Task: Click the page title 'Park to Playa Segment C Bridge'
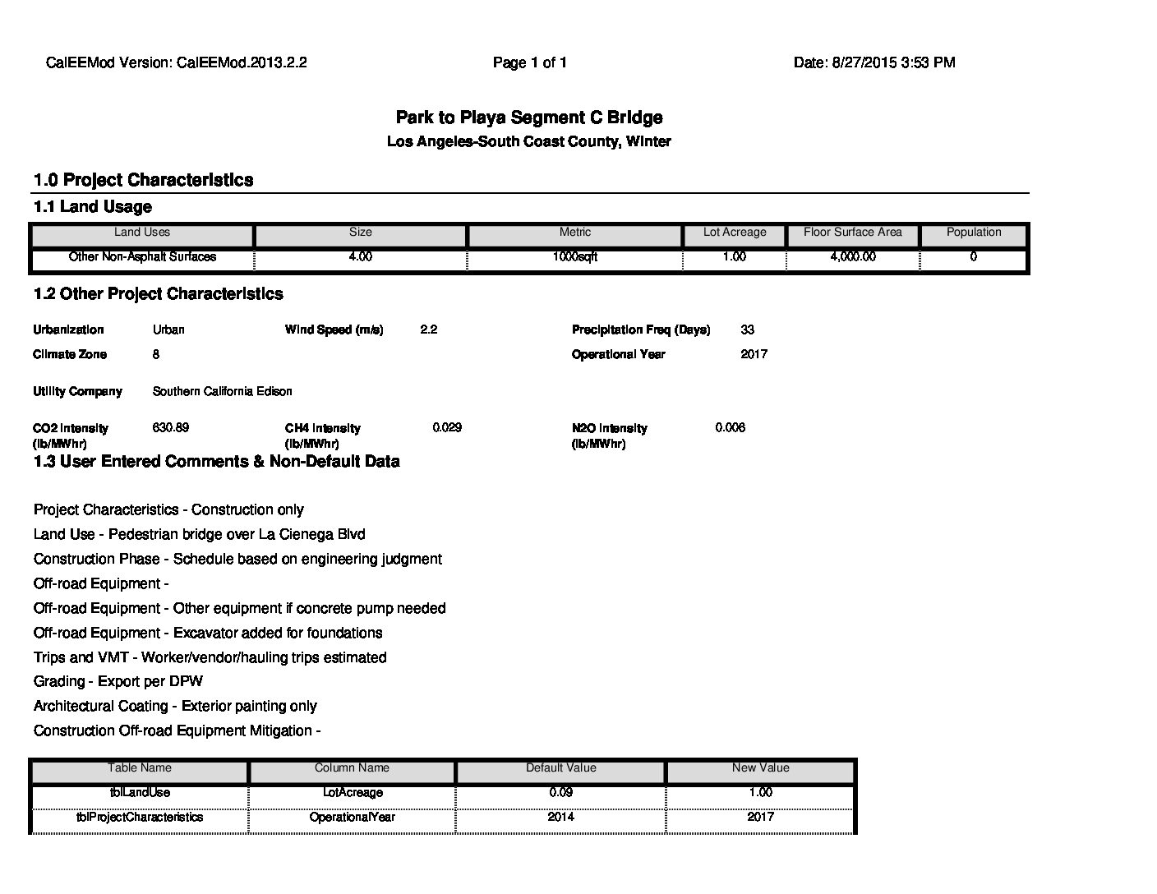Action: [529, 118]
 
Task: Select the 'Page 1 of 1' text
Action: [530, 62]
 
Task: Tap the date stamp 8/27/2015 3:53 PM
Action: [874, 62]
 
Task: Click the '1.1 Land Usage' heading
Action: [93, 207]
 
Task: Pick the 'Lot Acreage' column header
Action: [735, 233]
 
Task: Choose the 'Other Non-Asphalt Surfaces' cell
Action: [142, 257]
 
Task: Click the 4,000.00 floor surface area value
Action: [853, 257]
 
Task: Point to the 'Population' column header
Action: [974, 233]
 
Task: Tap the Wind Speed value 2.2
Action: [428, 329]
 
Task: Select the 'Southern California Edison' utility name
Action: [222, 391]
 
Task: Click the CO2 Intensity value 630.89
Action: [171, 427]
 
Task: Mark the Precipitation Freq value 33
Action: [747, 329]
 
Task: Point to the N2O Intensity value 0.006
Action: [730, 427]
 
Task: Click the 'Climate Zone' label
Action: [71, 354]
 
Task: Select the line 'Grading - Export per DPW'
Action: [118, 681]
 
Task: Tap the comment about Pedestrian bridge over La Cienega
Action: [200, 534]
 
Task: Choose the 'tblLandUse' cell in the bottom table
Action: [140, 793]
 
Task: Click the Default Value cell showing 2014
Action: [561, 818]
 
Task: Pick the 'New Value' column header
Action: [760, 768]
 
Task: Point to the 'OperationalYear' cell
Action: [352, 818]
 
